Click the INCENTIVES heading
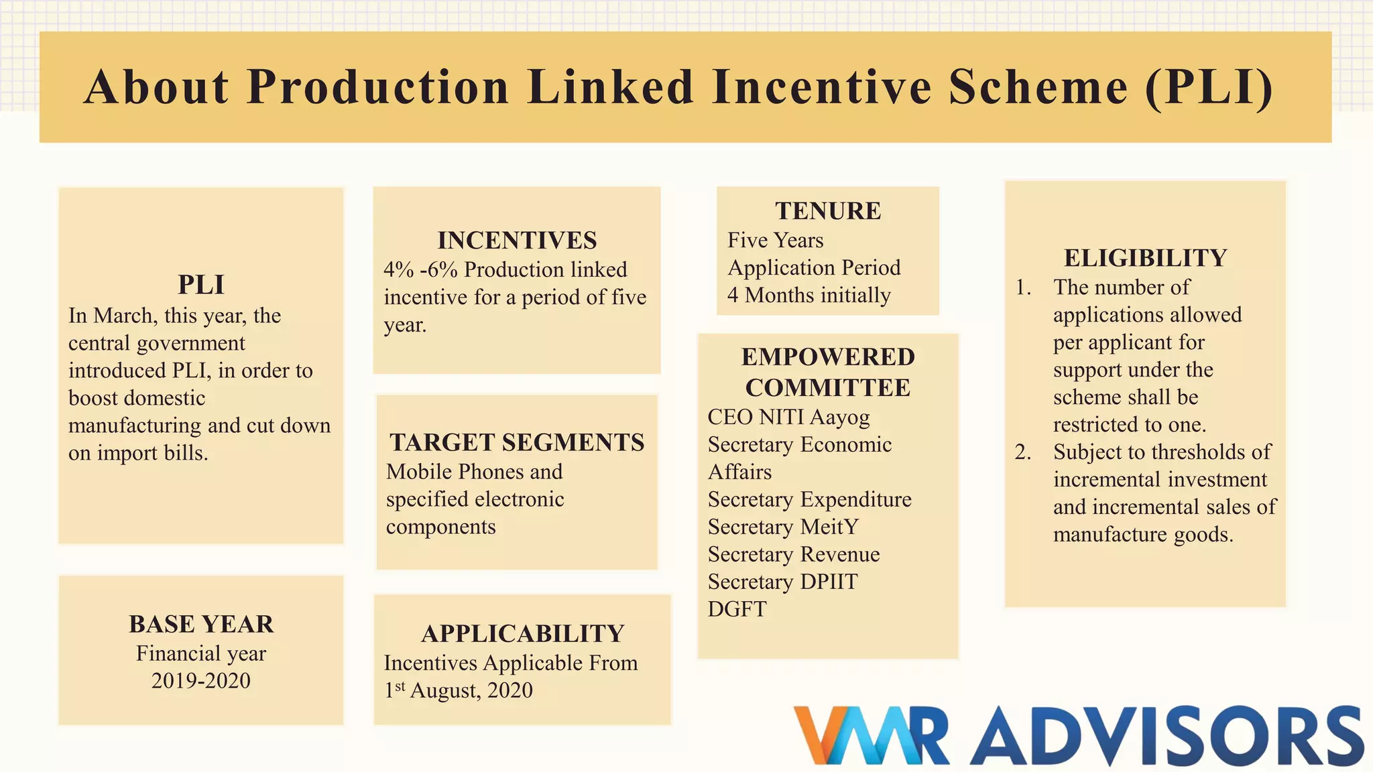(x=517, y=240)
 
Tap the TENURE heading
(x=828, y=210)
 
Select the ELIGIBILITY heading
(x=1145, y=257)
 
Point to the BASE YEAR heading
(x=201, y=624)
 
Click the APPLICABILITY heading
(x=522, y=633)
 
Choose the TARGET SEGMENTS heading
(x=517, y=442)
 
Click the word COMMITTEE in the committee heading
(x=828, y=387)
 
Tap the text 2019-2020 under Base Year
(x=201, y=680)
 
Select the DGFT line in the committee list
(x=737, y=608)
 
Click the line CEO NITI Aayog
(x=788, y=417)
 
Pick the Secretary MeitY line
(x=783, y=527)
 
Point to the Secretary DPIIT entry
(x=782, y=582)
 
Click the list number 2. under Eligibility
(x=1022, y=452)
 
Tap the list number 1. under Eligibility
(x=1022, y=287)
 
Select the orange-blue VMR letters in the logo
(x=872, y=736)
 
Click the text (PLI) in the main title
(x=1209, y=87)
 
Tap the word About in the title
(x=157, y=87)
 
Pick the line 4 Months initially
(x=809, y=295)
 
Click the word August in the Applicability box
(x=444, y=690)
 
